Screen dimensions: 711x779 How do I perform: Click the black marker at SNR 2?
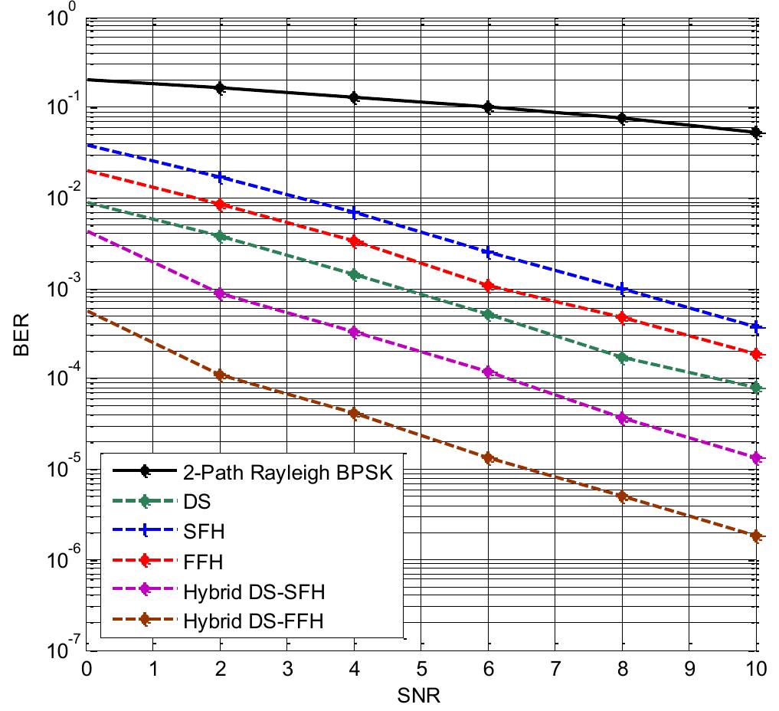(x=221, y=88)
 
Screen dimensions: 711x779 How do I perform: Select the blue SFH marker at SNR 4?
(x=355, y=212)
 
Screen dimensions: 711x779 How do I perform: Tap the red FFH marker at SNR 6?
(x=489, y=286)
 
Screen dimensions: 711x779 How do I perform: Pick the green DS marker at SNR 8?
(x=623, y=357)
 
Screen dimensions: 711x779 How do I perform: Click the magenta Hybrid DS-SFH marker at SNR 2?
(x=221, y=293)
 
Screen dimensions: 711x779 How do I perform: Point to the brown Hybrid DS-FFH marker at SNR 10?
(x=757, y=536)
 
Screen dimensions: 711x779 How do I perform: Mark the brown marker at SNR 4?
(x=355, y=413)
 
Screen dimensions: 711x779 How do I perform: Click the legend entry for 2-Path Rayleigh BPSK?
(x=288, y=473)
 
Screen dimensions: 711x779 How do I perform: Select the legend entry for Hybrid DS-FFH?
(x=254, y=622)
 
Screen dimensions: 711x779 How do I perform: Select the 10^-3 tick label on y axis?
(x=61, y=291)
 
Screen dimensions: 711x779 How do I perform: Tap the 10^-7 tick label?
(x=61, y=651)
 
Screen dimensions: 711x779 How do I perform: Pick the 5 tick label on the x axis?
(x=421, y=668)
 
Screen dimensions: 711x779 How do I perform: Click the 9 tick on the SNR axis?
(x=689, y=668)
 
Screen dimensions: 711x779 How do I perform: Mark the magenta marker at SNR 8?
(x=623, y=418)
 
